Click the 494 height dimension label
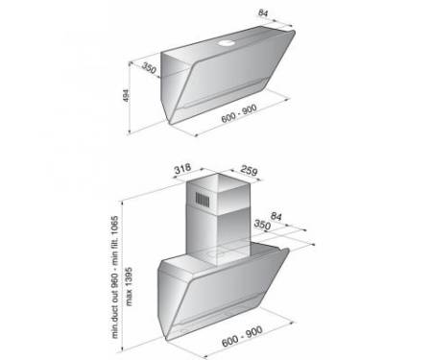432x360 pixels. pos(126,96)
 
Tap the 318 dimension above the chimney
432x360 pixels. pos(182,168)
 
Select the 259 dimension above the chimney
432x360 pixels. pos(249,170)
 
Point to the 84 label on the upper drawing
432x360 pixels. pos(263,13)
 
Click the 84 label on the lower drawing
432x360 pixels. pos(276,216)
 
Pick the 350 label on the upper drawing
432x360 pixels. pos(149,69)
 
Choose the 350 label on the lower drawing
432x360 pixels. pos(262,225)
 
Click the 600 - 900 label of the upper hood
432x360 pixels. pos(239,113)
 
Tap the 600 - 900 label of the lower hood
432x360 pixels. pos(242,336)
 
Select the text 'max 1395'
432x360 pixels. pos(129,286)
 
